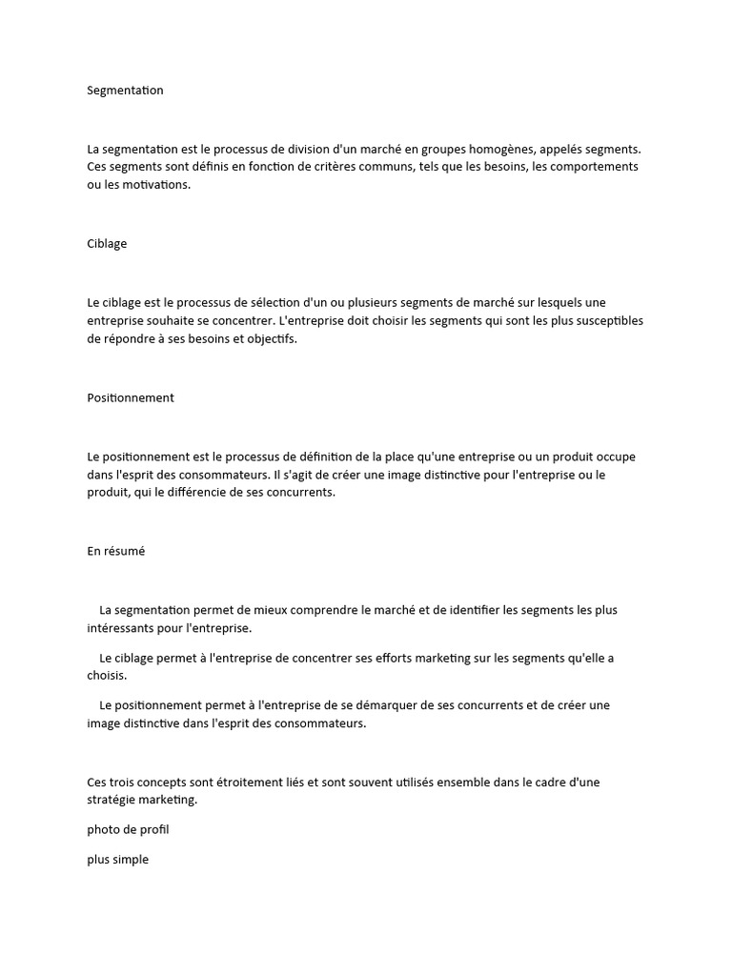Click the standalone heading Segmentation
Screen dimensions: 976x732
tap(125, 91)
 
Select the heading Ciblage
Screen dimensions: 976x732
tap(107, 244)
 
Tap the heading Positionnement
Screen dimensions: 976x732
tap(131, 398)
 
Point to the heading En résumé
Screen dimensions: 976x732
tap(116, 552)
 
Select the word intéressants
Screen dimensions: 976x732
tap(122, 628)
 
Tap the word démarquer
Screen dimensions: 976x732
tap(382, 706)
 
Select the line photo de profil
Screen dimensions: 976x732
tap(128, 830)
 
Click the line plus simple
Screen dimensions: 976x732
tap(118, 860)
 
